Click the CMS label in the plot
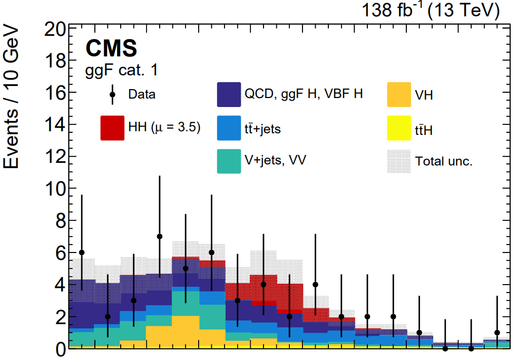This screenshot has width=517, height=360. pos(111,48)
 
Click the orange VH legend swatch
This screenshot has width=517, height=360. pos(398,95)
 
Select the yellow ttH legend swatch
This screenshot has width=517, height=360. pos(398,129)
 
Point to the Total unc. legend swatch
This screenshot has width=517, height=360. pos(398,161)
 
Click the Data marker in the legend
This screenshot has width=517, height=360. pos(112,95)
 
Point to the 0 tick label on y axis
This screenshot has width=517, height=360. pos(61,348)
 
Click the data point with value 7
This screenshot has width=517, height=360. pos(160,237)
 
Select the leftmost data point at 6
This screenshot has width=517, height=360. pos(82,252)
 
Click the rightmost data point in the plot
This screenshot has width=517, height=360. pos(497,333)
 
